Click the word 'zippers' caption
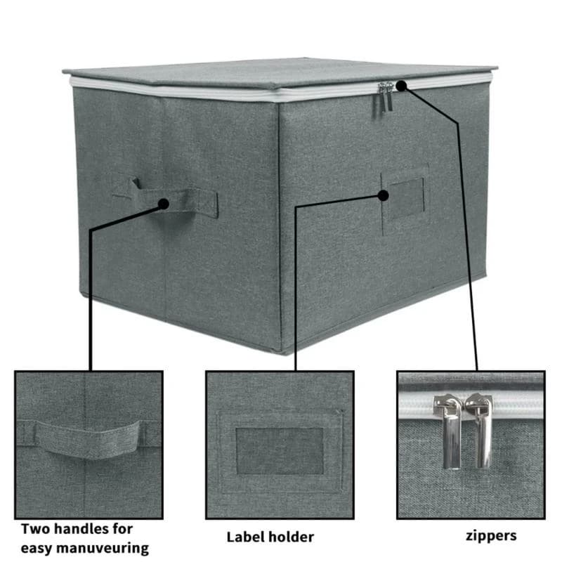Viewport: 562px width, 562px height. [x=491, y=537]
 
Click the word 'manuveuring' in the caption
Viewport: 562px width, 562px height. [x=103, y=549]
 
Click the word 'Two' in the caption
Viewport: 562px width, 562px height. [x=34, y=529]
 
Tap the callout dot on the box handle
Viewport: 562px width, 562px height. [x=164, y=204]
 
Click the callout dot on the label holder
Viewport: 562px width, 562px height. [x=383, y=195]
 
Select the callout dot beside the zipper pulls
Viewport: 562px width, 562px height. [x=401, y=86]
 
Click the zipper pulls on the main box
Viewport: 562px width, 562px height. [x=385, y=97]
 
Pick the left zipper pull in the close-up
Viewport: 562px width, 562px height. [x=449, y=430]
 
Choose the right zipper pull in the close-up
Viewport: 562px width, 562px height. [x=481, y=429]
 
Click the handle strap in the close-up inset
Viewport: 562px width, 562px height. [x=88, y=439]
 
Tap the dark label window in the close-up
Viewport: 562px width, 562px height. [x=280, y=450]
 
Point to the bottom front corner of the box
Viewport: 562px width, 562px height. [x=283, y=353]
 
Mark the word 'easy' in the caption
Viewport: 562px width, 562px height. [x=37, y=549]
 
